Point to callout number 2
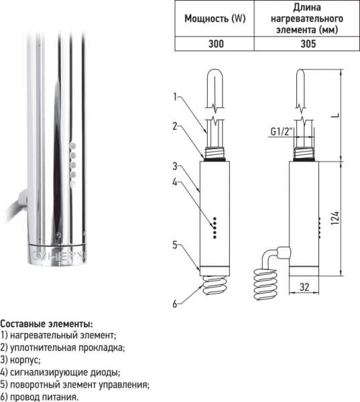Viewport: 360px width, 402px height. click(x=174, y=126)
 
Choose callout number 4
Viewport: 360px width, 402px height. click(x=174, y=182)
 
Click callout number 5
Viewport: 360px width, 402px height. click(x=174, y=245)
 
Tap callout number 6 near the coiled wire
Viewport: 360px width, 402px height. click(x=174, y=304)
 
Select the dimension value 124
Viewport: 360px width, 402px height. click(x=336, y=218)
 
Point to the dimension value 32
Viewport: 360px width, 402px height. click(x=304, y=287)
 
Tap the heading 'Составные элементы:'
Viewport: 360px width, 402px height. click(x=47, y=324)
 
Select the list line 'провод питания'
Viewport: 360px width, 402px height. click(x=44, y=396)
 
